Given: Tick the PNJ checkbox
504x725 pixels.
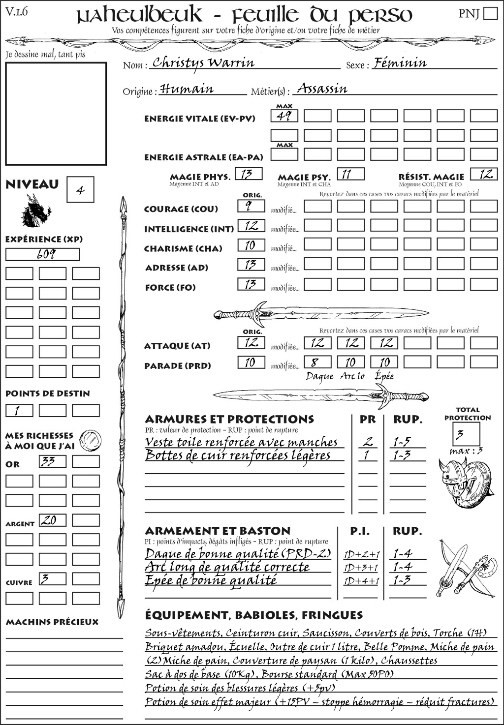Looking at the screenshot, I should pyautogui.click(x=490, y=13).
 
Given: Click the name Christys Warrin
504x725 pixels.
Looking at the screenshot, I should pyautogui.click(x=203, y=63).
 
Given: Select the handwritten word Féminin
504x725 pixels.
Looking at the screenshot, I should pyautogui.click(x=400, y=63).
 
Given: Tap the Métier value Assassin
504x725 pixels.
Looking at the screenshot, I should pyautogui.click(x=322, y=89).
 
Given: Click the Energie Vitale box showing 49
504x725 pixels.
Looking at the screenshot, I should pyautogui.click(x=284, y=116).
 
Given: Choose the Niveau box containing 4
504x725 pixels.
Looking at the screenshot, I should pyautogui.click(x=80, y=190).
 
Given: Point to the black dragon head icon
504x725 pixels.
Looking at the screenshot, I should pyautogui.click(x=35, y=211).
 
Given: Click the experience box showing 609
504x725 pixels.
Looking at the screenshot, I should pyautogui.click(x=42, y=254).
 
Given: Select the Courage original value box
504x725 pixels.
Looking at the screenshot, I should pyautogui.click(x=251, y=206).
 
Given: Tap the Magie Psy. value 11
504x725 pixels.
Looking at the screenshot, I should pyautogui.click(x=350, y=174).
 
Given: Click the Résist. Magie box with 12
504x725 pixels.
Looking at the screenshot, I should pyautogui.click(x=484, y=174).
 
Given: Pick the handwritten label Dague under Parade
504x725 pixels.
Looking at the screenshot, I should pyautogui.click(x=319, y=376).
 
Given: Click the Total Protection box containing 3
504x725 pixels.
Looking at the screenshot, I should pyautogui.click(x=466, y=434).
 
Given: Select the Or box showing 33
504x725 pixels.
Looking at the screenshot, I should pyautogui.click(x=53, y=461).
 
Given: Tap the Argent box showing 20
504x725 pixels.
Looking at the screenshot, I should pyautogui.click(x=53, y=520).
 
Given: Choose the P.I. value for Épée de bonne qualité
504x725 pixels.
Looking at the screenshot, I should pyautogui.click(x=361, y=581).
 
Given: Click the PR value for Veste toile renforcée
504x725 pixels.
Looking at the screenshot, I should pyautogui.click(x=368, y=442).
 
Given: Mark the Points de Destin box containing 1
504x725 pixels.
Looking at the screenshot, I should pyautogui.click(x=19, y=411).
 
